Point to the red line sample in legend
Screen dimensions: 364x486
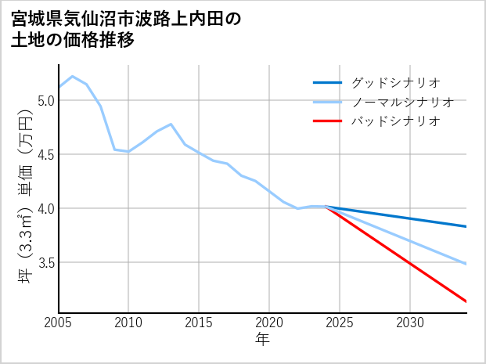[x=327, y=121]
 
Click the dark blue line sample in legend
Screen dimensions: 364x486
[x=327, y=82]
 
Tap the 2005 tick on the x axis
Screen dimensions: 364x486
[x=58, y=323]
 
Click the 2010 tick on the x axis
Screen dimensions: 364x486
[x=128, y=323]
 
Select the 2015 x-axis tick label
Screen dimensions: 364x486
[x=199, y=323]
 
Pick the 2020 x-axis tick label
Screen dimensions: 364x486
[x=269, y=323]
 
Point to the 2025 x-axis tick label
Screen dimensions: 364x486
[x=340, y=323]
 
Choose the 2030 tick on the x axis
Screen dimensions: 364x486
[x=410, y=323]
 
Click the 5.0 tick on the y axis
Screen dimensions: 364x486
[x=45, y=100]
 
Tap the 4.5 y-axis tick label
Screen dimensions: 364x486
[x=45, y=154]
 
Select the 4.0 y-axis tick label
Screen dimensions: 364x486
[x=45, y=208]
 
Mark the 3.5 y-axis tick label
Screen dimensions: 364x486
[x=45, y=262]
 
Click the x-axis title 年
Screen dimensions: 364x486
[x=263, y=339]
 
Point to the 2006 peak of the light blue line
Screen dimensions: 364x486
[x=73, y=77]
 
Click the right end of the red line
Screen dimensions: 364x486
[x=466, y=301]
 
